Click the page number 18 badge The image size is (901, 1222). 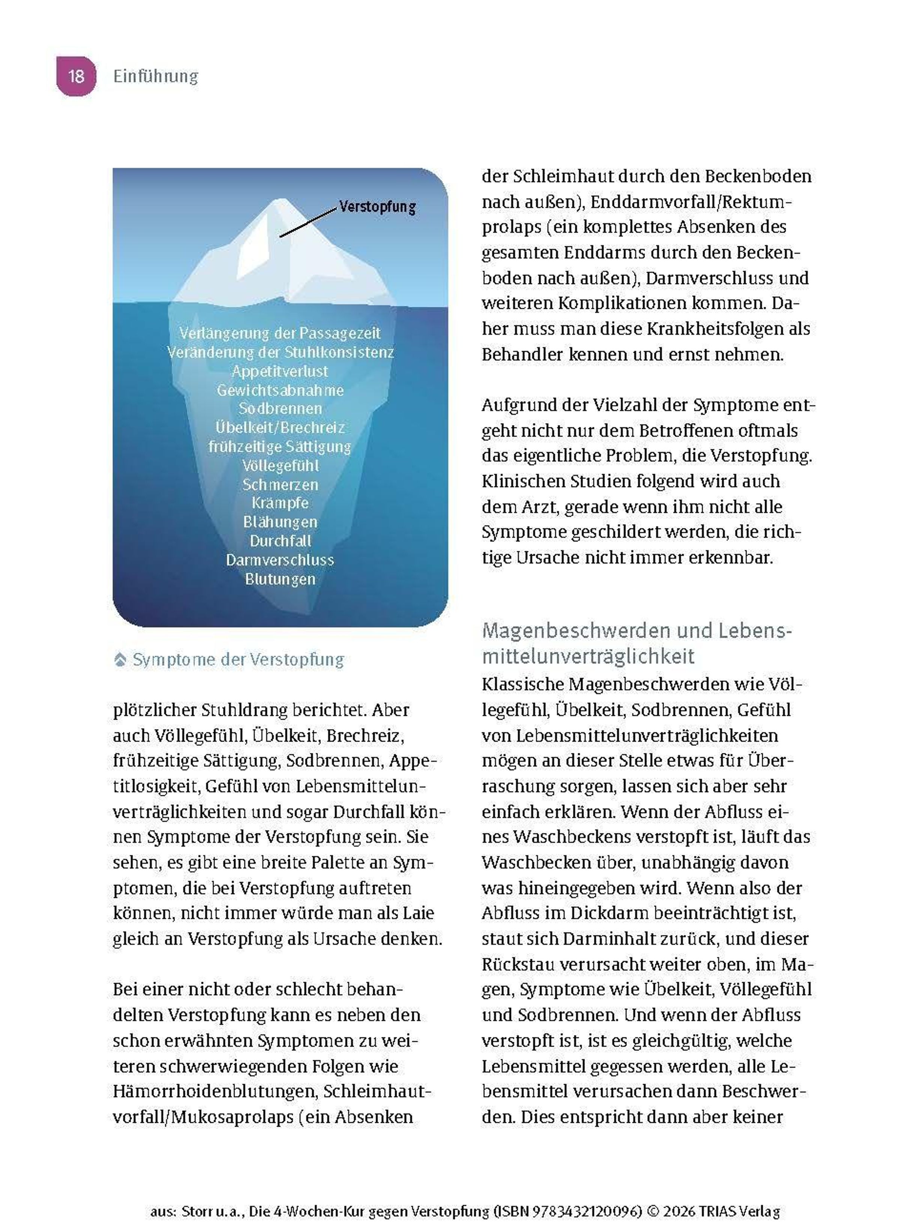76,76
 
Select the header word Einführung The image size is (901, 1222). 155,76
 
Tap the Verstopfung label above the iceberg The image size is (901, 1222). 377,207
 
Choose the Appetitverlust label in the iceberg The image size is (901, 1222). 280,371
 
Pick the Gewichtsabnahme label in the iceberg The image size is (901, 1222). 280,390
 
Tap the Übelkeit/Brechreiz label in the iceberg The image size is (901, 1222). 280,427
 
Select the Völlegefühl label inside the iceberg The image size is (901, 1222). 280,466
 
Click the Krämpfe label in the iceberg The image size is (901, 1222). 280,503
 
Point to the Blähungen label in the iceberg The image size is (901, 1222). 280,522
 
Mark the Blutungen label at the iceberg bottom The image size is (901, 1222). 280,579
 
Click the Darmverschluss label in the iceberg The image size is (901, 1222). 280,560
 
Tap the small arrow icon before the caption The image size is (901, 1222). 120,660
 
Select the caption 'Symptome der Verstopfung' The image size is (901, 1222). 238,660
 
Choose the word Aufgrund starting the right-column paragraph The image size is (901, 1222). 516,405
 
